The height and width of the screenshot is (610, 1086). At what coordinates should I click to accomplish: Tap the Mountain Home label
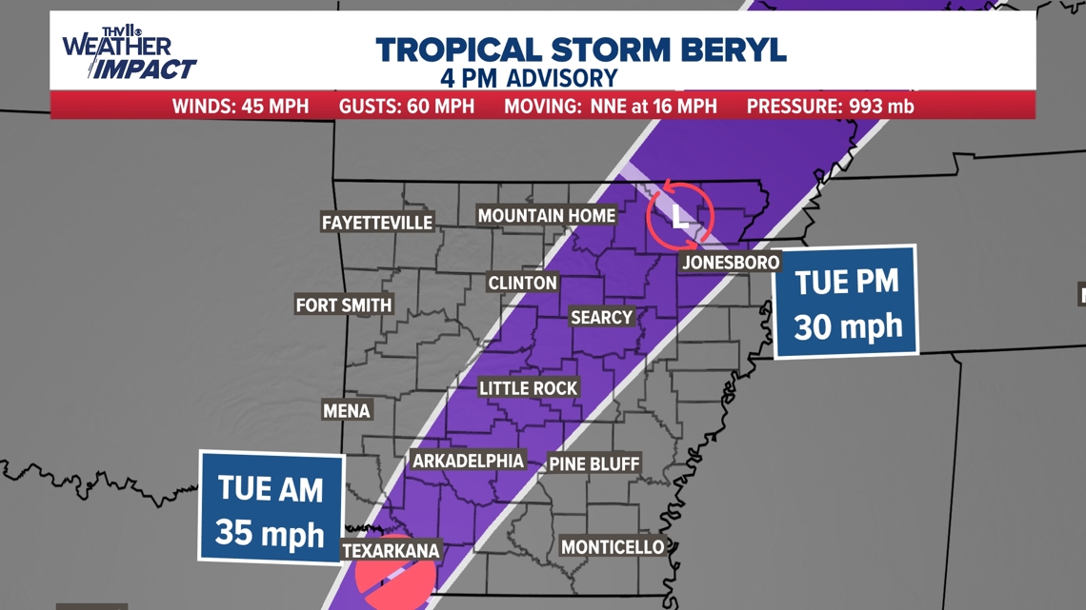pos(546,216)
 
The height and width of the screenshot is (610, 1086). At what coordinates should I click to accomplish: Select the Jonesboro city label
pos(731,262)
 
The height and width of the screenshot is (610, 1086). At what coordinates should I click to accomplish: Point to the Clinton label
pos(522,283)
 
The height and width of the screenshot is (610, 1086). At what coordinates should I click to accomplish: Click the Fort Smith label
pos(344,305)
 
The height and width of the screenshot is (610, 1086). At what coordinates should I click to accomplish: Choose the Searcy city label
pos(601,317)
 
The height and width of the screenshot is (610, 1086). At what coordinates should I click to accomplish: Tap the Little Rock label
pos(528,388)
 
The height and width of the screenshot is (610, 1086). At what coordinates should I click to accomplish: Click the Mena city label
pos(346,410)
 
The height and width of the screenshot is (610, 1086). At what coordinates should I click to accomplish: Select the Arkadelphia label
pos(468,461)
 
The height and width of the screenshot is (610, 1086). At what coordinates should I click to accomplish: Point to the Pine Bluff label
pos(594,464)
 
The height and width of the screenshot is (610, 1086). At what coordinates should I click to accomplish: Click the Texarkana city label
pos(391,550)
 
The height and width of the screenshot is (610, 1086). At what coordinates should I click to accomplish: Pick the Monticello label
pos(612,546)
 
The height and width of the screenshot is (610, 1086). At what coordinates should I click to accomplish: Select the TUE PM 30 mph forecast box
pos(846,302)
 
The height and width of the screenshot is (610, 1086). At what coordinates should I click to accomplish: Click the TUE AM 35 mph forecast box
pos(271,506)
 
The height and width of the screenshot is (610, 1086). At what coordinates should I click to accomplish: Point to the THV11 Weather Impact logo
pos(128,55)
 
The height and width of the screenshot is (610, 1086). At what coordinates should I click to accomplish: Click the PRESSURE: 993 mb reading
pos(830,106)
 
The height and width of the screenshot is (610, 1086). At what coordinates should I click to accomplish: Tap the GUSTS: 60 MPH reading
pos(406,106)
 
